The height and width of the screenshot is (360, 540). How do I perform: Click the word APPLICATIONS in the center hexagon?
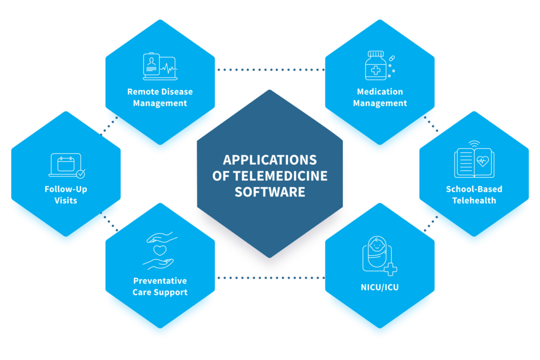[x=269, y=160]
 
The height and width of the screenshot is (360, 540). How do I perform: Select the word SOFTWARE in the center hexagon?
[x=269, y=191]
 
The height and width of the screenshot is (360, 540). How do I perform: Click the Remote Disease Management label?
[x=160, y=98]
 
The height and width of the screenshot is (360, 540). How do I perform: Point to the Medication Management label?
[x=380, y=98]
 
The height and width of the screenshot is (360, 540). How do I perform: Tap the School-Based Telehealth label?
[x=474, y=194]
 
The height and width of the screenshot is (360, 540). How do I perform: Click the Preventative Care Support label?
[x=160, y=286]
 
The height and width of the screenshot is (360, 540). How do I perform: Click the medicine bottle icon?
[x=375, y=66]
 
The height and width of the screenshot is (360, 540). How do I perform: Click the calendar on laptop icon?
[x=66, y=165]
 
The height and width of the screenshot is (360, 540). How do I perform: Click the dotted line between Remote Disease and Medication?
[x=270, y=70]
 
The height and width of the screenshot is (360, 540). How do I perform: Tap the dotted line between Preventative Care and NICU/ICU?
[x=270, y=277]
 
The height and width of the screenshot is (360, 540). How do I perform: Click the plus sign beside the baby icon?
[x=391, y=270]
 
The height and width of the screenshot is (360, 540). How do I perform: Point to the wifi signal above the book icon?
[x=474, y=143]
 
